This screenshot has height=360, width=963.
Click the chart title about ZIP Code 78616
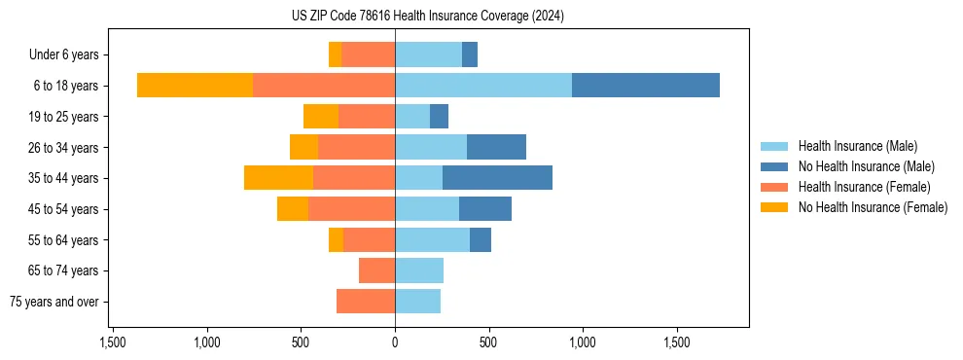(x=427, y=17)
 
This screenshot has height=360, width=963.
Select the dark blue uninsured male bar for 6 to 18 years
(x=646, y=86)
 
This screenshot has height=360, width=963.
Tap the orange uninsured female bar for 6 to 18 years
(x=195, y=86)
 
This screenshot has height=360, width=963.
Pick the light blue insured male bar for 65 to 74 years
(x=419, y=270)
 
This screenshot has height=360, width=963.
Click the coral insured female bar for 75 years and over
(x=366, y=302)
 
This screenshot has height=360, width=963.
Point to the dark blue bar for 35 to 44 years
(x=497, y=178)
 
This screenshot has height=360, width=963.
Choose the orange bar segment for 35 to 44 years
(x=278, y=178)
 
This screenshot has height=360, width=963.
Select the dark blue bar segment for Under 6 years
(x=470, y=54)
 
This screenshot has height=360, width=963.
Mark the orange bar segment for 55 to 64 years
(x=336, y=239)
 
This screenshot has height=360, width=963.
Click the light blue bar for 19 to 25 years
(x=412, y=117)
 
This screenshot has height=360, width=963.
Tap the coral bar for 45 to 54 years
(x=351, y=209)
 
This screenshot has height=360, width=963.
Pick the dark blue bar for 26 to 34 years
(x=496, y=147)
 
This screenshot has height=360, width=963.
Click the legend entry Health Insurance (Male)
(x=857, y=146)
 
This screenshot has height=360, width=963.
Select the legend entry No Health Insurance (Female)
(x=873, y=207)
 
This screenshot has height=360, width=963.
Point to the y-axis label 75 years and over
(x=54, y=302)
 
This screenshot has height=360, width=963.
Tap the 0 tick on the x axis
(x=395, y=342)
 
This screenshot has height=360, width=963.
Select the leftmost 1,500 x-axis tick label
(x=113, y=342)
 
